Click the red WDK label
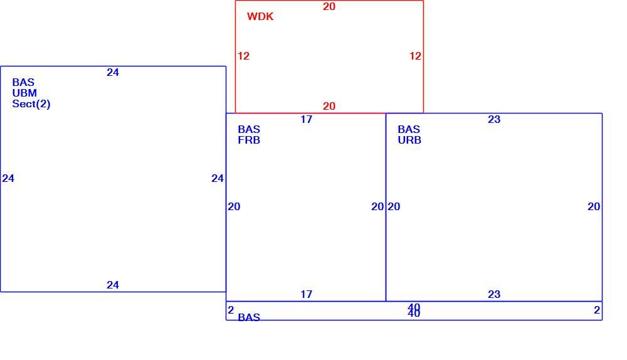[x=260, y=16]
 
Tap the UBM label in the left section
[x=25, y=93]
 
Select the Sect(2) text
[x=31, y=104]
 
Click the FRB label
[x=249, y=140]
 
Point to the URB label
[x=409, y=140]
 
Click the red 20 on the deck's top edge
[x=329, y=6]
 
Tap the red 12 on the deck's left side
[x=243, y=56]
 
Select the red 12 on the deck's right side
[x=416, y=56]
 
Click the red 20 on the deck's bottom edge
[x=329, y=106]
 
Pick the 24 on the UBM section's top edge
[x=113, y=72]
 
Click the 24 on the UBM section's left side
[x=8, y=178]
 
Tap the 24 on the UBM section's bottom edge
[x=113, y=285]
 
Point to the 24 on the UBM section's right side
[x=218, y=178]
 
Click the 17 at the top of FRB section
[x=307, y=119]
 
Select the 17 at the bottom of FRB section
[x=307, y=294]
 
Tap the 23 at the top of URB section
[x=494, y=119]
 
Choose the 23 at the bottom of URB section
[x=494, y=294]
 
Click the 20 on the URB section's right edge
[x=594, y=206]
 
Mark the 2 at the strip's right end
[x=597, y=310]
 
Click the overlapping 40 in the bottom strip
[x=414, y=310]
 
